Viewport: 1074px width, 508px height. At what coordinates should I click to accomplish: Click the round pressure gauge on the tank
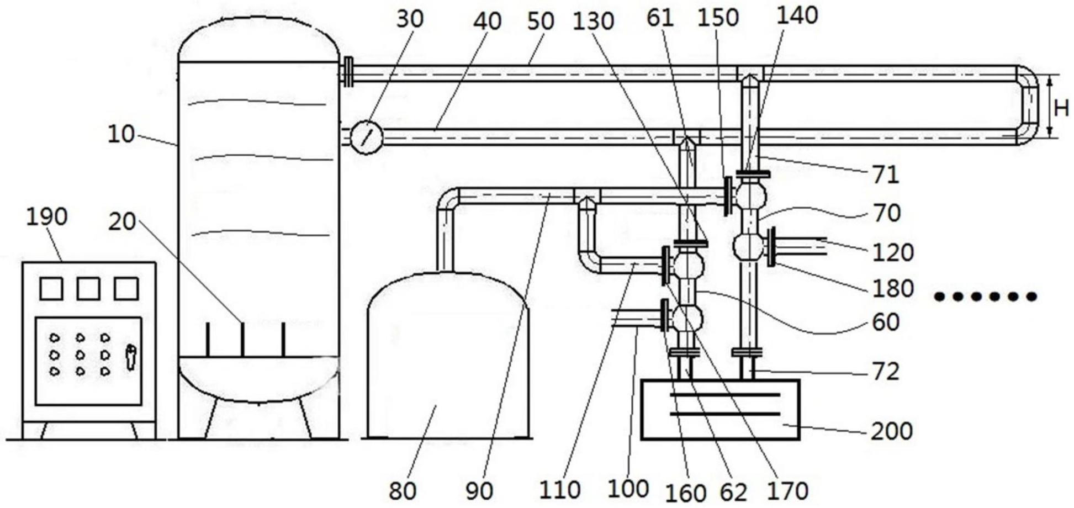click(367, 136)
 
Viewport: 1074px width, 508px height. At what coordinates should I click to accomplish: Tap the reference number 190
click(47, 216)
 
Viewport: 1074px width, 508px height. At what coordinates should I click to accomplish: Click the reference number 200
click(891, 431)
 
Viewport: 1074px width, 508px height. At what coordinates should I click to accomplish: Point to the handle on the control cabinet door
click(130, 357)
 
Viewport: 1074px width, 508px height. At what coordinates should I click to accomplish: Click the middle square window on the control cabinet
click(88, 288)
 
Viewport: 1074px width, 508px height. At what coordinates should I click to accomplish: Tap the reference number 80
click(403, 490)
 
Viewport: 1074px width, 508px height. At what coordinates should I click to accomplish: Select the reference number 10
click(120, 134)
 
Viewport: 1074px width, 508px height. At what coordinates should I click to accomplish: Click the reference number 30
click(410, 19)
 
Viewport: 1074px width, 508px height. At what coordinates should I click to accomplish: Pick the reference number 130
click(594, 22)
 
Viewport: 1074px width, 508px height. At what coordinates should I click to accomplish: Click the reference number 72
click(886, 372)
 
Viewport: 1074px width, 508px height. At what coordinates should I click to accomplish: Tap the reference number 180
click(893, 289)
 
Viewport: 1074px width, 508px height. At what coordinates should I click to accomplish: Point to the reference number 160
click(685, 493)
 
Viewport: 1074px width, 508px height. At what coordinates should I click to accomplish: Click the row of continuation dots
click(985, 297)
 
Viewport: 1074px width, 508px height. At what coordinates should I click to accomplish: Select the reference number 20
click(122, 221)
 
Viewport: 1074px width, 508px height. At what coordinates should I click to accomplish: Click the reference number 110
click(560, 490)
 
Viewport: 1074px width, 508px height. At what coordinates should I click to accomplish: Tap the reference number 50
click(541, 21)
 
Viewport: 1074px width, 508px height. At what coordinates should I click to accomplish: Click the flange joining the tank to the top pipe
click(348, 72)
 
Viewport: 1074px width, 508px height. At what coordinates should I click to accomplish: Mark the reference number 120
click(893, 252)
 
